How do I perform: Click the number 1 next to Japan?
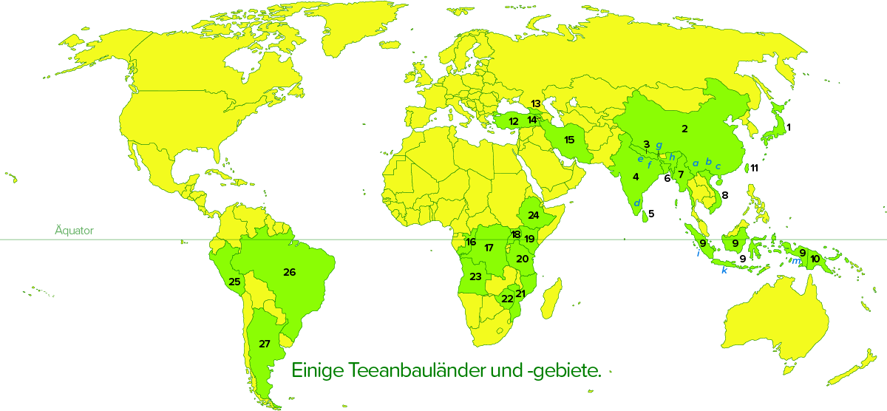tap(789, 127)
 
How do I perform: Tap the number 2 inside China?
tap(684, 129)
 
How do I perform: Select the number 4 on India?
tap(636, 177)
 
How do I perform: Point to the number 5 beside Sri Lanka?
tap(651, 214)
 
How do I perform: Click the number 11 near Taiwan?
tap(754, 169)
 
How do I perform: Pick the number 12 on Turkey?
tap(514, 121)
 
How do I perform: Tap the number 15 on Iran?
tap(569, 140)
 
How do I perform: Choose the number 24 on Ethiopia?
tap(533, 215)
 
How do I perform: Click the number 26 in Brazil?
tap(289, 272)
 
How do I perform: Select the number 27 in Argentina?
tap(264, 344)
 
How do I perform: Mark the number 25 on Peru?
tap(234, 282)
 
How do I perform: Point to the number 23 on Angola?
tap(475, 276)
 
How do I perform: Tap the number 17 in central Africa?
tap(489, 248)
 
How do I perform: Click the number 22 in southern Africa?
tap(507, 299)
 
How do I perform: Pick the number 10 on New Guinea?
tap(815, 259)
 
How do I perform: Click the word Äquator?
tap(74, 231)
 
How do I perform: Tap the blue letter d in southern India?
tap(636, 203)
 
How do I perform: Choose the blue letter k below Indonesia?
tap(724, 271)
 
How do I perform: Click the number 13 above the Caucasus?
tap(536, 103)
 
